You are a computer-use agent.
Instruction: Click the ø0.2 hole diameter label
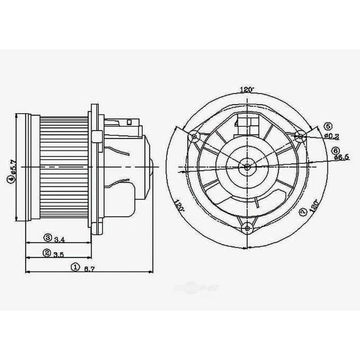point(332,136)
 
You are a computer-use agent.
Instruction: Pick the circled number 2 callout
point(47,252)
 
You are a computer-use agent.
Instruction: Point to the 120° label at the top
point(247,90)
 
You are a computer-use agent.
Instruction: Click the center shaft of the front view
point(247,166)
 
